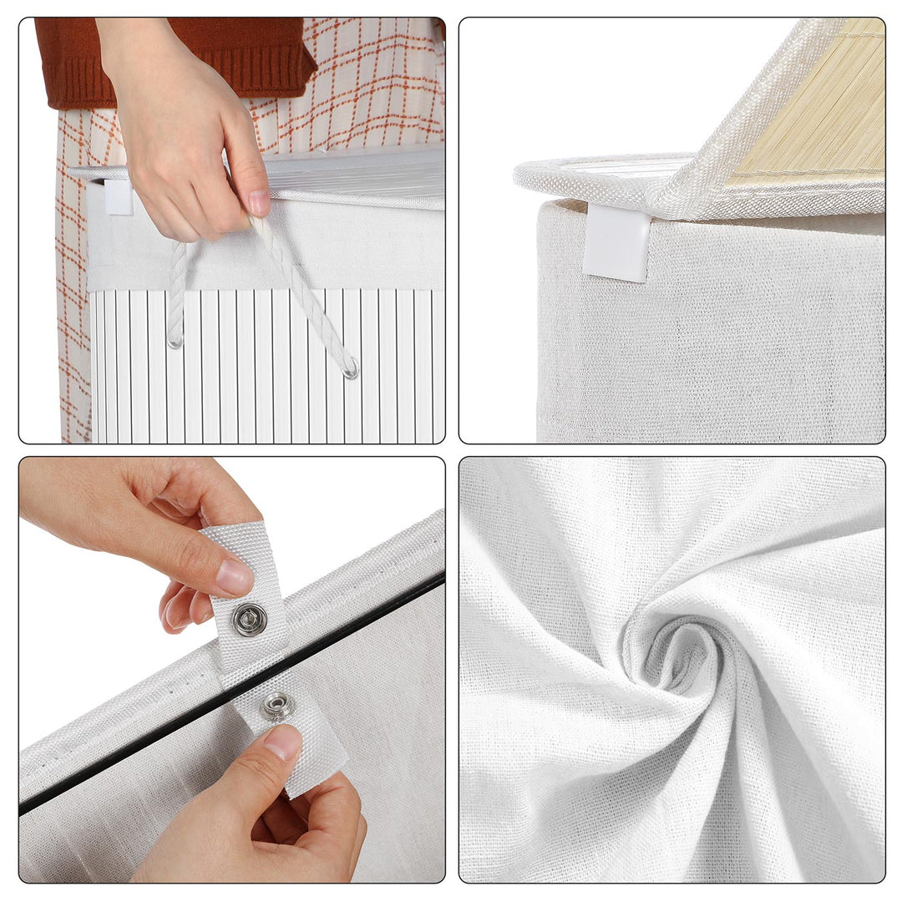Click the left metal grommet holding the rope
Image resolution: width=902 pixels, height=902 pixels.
175,341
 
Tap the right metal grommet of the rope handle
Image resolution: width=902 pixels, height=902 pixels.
351,367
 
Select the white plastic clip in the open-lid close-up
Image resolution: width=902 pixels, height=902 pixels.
617,245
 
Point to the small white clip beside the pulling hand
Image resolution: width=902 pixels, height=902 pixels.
118,196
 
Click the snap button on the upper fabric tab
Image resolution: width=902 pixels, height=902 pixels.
249,619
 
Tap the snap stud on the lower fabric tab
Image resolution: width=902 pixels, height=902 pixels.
277,707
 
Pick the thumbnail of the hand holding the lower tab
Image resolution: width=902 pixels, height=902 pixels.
282,742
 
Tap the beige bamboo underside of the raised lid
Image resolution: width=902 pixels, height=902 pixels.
810,109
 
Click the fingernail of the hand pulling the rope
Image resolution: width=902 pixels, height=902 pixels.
258,202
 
